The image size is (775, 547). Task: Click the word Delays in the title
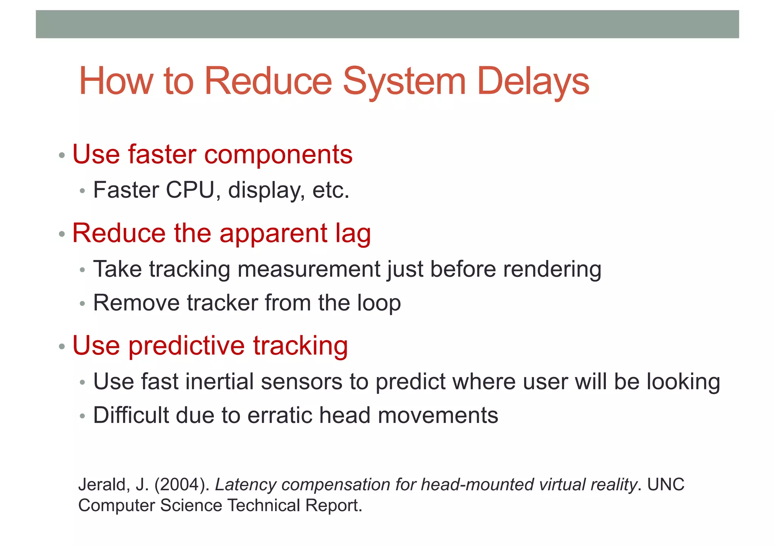(533, 81)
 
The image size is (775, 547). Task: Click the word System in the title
(404, 81)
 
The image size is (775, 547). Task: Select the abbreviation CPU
(190, 190)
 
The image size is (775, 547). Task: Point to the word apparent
(273, 234)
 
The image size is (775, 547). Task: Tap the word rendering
(552, 270)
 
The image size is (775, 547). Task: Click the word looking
(683, 382)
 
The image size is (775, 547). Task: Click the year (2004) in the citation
(182, 485)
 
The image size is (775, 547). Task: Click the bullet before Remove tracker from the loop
(82, 304)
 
